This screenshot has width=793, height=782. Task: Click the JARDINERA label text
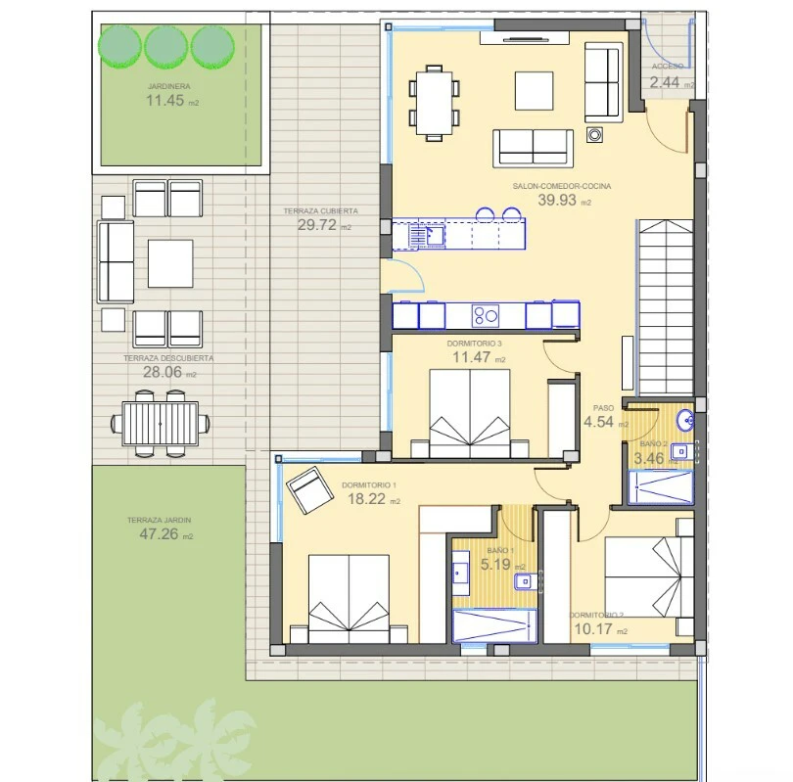(x=169, y=86)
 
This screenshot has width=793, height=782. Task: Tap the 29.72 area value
(x=316, y=225)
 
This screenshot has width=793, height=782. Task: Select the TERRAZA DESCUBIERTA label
(x=168, y=358)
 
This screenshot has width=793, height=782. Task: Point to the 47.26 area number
(x=159, y=533)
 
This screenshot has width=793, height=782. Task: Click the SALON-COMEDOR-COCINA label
(x=562, y=186)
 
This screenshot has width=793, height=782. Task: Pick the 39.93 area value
(x=557, y=201)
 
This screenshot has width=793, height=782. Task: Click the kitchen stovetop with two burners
(x=486, y=316)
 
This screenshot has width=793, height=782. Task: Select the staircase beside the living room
(x=666, y=307)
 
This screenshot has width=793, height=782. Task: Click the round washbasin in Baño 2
(x=686, y=421)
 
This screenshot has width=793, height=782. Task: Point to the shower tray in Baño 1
(x=494, y=626)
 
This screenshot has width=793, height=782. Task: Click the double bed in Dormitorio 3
(x=470, y=413)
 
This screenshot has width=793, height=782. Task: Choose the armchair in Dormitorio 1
(x=310, y=489)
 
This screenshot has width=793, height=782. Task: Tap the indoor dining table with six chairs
(x=434, y=103)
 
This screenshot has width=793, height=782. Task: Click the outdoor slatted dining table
(x=161, y=424)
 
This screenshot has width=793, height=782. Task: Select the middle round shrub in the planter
(x=165, y=47)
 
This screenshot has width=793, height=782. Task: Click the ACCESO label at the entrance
(x=668, y=67)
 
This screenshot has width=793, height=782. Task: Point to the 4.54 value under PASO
(x=598, y=422)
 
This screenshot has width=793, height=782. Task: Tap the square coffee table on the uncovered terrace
(x=170, y=263)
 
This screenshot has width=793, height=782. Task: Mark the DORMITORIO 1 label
(x=369, y=485)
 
